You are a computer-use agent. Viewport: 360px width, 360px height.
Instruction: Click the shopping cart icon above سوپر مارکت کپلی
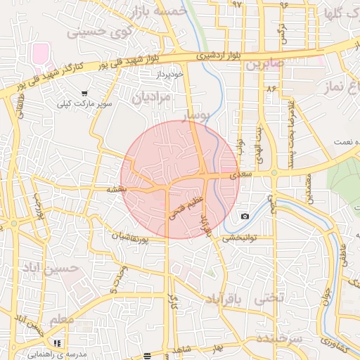[x=85, y=93]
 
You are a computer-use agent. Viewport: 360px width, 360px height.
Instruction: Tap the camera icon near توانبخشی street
[x=244, y=216]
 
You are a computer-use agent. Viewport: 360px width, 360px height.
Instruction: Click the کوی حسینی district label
[x=98, y=32]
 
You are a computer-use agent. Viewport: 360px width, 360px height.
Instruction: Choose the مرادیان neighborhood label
[x=150, y=96]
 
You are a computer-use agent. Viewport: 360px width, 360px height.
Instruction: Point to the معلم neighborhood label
[x=62, y=320]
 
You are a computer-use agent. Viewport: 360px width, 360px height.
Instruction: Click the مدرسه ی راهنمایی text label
[x=81, y=354]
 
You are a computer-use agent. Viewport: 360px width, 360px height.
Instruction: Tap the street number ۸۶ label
[x=270, y=89]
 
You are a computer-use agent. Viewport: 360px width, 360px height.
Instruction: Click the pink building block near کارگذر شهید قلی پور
[x=41, y=52]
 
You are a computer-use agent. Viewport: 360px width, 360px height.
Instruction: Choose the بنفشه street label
[x=117, y=189]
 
